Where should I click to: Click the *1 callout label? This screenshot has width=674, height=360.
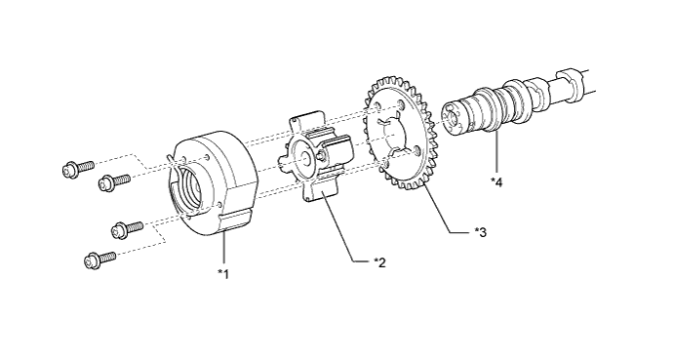tap(223, 273)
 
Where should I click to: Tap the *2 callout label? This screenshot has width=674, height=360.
tap(380, 261)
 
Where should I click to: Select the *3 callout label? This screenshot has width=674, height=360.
tap(481, 232)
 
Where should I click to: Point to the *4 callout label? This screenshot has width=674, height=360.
tap(496, 182)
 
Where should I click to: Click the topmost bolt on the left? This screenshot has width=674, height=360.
tap(78, 168)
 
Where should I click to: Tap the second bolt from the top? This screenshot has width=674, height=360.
tap(114, 181)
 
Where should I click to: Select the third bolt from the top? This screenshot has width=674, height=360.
tap(127, 227)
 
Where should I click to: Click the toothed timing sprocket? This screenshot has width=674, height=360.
tap(400, 139)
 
